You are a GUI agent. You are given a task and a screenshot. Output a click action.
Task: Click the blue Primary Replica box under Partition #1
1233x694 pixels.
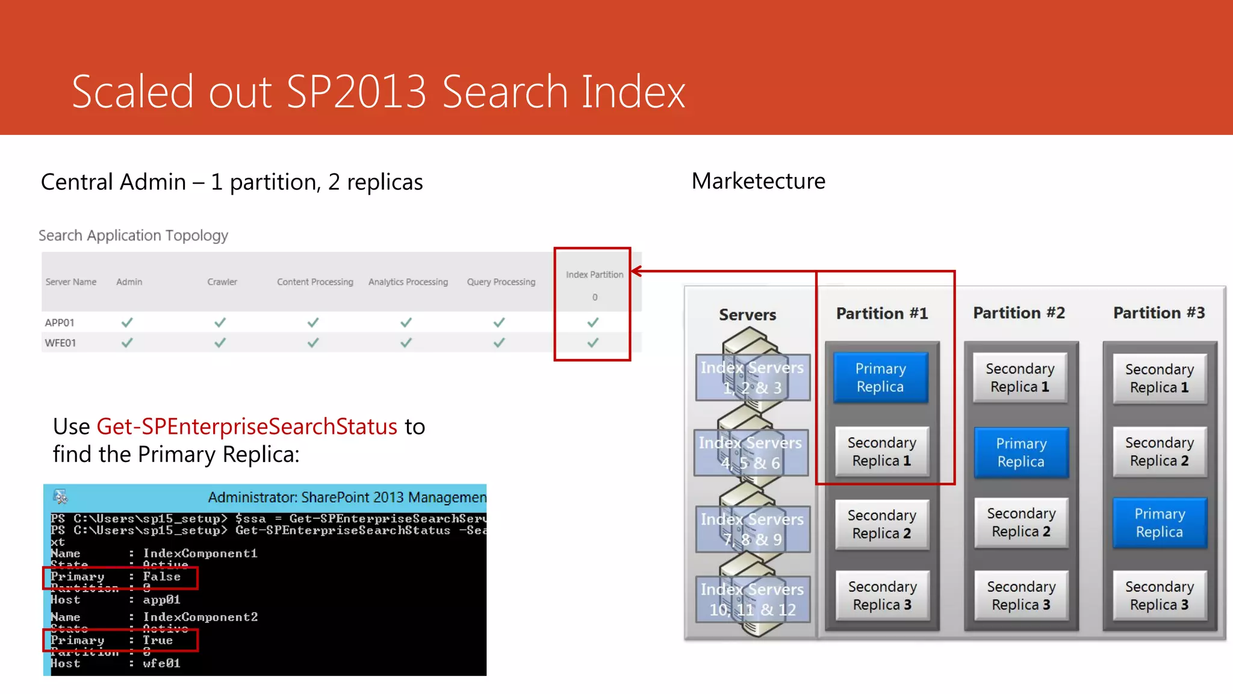pyautogui.click(x=880, y=378)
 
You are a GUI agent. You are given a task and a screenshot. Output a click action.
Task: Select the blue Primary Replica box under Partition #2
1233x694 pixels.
pyautogui.click(x=1021, y=452)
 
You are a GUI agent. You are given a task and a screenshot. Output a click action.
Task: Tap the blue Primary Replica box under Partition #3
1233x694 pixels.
pyautogui.click(x=1159, y=523)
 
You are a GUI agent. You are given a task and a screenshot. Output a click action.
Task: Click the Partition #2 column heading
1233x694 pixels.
pyautogui.click(x=1019, y=313)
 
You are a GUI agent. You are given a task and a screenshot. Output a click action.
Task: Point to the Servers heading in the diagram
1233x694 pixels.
pyautogui.click(x=747, y=314)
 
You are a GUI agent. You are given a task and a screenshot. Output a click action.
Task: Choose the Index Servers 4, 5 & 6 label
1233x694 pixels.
pyautogui.click(x=751, y=452)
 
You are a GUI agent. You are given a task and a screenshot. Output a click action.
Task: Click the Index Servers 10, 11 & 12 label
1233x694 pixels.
pyautogui.click(x=752, y=599)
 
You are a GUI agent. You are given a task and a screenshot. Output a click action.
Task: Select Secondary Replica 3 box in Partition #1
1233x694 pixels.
pyautogui.click(x=882, y=596)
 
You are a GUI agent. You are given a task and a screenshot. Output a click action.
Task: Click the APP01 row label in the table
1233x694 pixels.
pyautogui.click(x=60, y=323)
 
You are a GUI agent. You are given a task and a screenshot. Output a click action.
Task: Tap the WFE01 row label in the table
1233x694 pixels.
pyautogui.click(x=60, y=343)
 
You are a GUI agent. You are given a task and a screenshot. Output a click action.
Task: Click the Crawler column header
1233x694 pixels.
pyautogui.click(x=222, y=282)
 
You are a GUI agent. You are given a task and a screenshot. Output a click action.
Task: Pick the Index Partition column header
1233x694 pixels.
pyautogui.click(x=594, y=275)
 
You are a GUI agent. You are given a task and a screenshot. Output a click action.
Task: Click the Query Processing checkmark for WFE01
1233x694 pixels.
pyautogui.click(x=499, y=343)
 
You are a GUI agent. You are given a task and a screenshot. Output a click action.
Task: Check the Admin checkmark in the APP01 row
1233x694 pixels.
pyautogui.click(x=127, y=322)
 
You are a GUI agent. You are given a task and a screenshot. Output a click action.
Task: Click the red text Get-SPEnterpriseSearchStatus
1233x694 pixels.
pyautogui.click(x=247, y=427)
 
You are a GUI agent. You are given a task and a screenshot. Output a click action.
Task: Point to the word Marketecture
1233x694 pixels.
pyautogui.click(x=758, y=181)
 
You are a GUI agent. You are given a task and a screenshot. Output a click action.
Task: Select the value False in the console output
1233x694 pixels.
pyautogui.click(x=161, y=577)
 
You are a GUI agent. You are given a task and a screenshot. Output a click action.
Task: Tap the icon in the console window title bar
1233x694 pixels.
pyautogui.click(x=60, y=497)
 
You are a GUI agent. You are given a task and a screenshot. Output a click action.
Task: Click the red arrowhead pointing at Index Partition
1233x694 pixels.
pyautogui.click(x=637, y=271)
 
